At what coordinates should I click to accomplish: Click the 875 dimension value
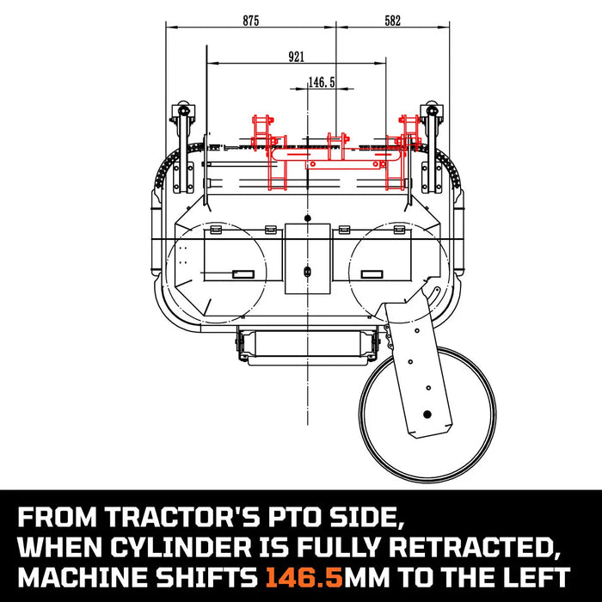[x=250, y=21]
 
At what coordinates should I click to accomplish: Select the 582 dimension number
[x=392, y=21]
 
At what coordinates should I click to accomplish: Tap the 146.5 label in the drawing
[x=321, y=83]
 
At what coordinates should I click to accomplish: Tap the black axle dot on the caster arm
[x=425, y=414]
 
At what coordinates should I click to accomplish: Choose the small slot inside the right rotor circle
[x=372, y=273]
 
